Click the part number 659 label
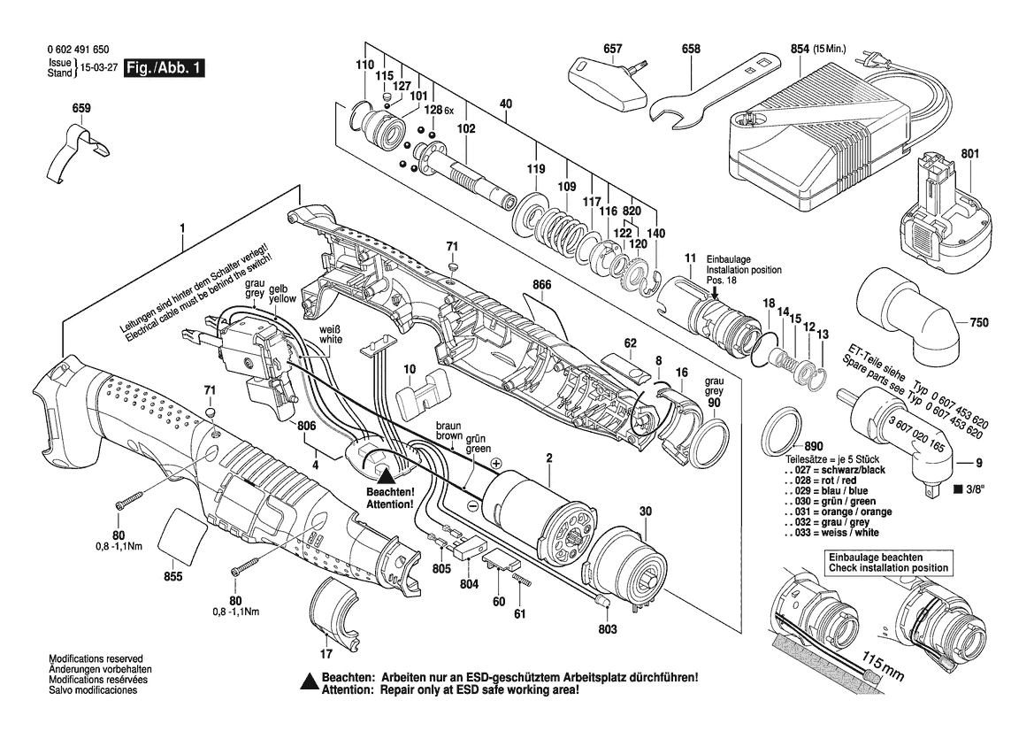pos(80,110)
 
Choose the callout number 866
pos(542,285)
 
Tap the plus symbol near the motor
pos(496,464)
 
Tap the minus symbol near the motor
pos(473,505)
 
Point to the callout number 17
pos(326,655)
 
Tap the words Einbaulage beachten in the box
pos(871,556)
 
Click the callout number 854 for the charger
pos(799,50)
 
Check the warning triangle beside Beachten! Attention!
pos(386,475)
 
